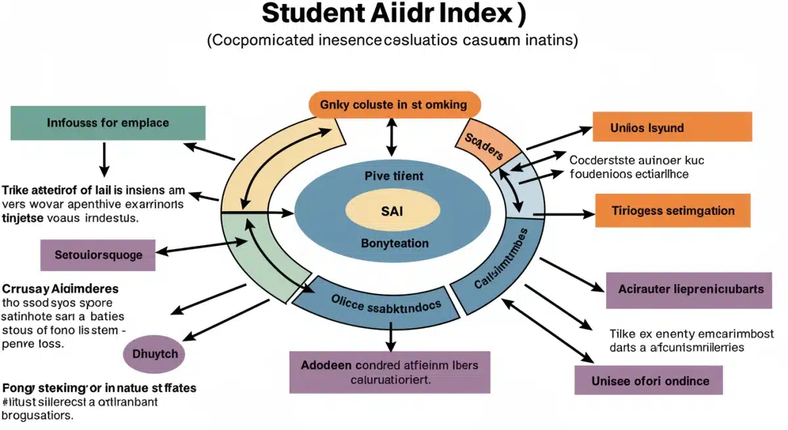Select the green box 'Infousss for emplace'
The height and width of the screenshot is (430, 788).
click(x=108, y=123)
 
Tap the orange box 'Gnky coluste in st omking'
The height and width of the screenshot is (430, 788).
click(x=394, y=105)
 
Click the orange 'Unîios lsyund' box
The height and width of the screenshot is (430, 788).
click(x=672, y=127)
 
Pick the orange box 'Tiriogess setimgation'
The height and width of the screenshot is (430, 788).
click(x=672, y=211)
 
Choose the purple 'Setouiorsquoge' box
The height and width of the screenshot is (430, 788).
click(x=99, y=254)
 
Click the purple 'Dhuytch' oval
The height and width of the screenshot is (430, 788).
click(x=154, y=353)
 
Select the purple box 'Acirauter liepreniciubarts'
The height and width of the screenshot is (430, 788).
click(x=689, y=289)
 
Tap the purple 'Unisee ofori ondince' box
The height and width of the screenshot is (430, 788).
click(x=649, y=381)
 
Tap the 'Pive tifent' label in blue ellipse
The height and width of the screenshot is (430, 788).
click(x=394, y=176)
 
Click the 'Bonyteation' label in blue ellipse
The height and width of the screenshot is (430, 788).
click(x=395, y=243)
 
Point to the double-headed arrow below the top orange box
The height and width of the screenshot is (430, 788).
click(x=392, y=137)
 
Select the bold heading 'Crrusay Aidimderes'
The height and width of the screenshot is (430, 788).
click(x=60, y=289)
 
